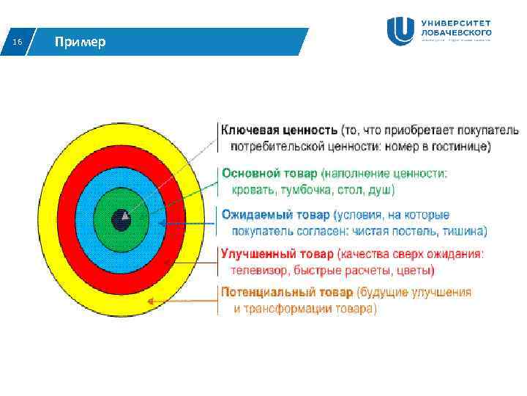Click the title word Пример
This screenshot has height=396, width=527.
[80, 42]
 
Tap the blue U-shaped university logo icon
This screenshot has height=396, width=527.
[401, 31]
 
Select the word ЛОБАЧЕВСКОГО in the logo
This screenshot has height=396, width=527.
[456, 32]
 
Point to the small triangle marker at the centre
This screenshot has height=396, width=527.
[126, 216]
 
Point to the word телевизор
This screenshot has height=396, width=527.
[258, 271]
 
